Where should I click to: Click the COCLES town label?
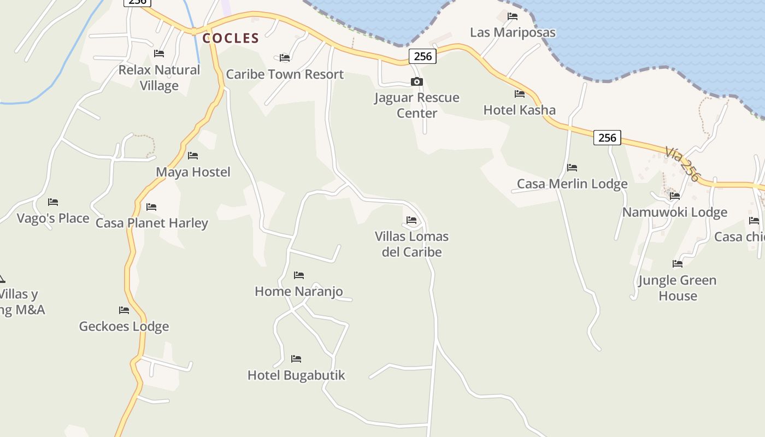pos(231,38)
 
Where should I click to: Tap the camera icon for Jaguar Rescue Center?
pos(417,82)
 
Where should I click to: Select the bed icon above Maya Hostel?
pos(193,156)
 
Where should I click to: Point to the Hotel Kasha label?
pos(519,110)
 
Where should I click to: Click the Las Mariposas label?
pos(513,32)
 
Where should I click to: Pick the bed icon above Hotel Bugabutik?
pos(296,359)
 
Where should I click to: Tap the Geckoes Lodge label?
pos(124,326)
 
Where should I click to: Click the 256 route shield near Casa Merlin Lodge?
pos(607,138)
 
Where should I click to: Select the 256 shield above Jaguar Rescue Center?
pos(422,56)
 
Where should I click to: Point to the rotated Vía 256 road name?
pos(682,164)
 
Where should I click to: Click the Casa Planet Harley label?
pos(152,223)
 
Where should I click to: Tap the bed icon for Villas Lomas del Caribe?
pos(411,220)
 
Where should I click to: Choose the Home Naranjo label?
pos(299,291)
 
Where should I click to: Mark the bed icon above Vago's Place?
pos(53,202)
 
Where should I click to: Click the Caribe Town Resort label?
pos(285,74)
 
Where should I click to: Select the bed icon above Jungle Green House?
pos(678,264)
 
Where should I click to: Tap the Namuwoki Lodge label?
pos(675,212)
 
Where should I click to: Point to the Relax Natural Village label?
pos(159,78)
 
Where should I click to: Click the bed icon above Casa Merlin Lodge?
pos(572,167)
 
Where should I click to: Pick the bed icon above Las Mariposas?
pos(513,16)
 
